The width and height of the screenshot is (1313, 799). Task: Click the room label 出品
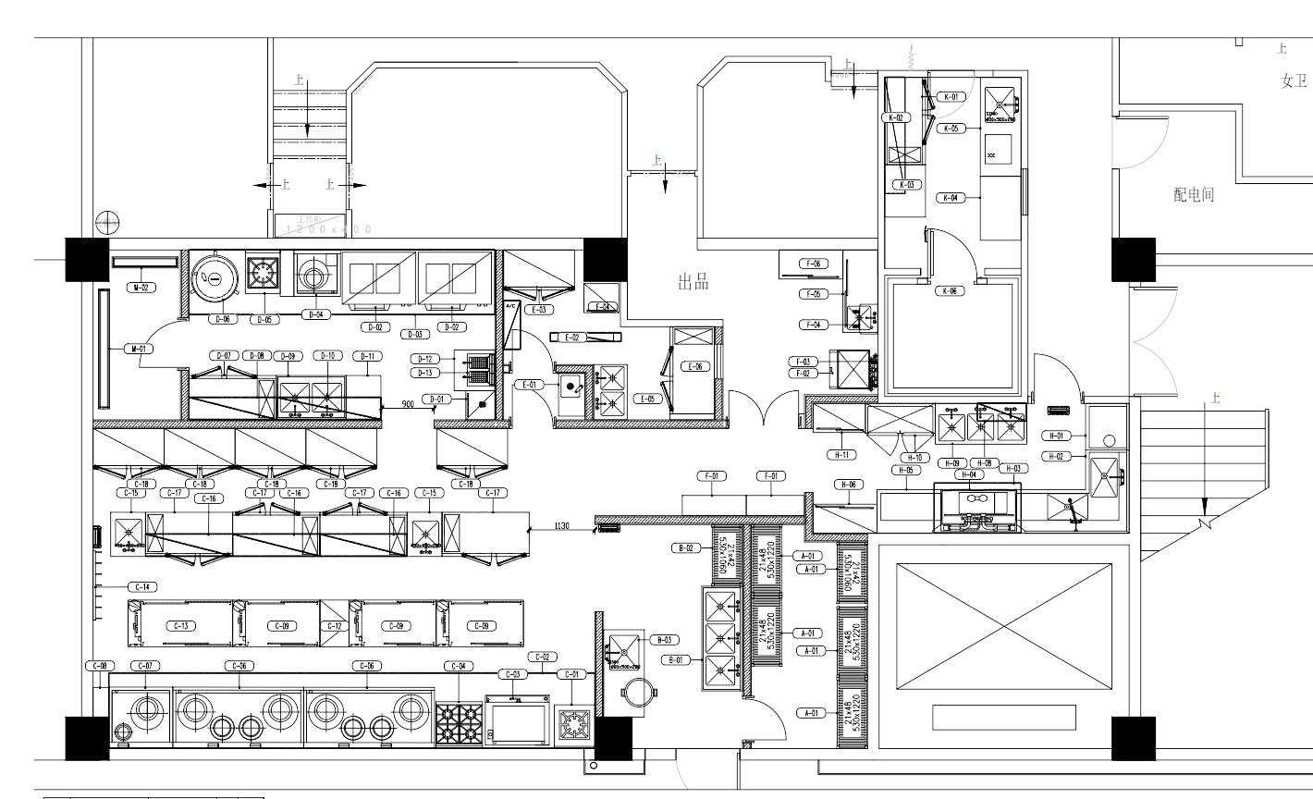click(x=693, y=282)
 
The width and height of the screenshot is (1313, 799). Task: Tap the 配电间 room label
click(x=1193, y=195)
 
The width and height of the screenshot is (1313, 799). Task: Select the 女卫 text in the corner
click(x=1294, y=81)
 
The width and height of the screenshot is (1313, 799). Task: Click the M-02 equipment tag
click(x=141, y=288)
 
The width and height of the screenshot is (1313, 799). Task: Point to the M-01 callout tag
click(x=139, y=349)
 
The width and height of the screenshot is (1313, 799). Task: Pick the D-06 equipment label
click(x=224, y=318)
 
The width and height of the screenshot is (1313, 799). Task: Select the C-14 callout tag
click(x=142, y=586)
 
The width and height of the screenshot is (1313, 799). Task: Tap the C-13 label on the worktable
click(x=181, y=626)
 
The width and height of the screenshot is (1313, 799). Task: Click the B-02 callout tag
click(x=686, y=548)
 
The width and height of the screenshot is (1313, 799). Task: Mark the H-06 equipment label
click(x=848, y=485)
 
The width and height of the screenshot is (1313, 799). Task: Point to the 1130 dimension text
click(x=561, y=526)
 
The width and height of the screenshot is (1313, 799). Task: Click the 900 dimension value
click(x=407, y=404)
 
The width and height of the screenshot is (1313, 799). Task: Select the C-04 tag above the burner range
click(x=459, y=666)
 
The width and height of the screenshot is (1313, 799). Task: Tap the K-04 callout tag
click(x=951, y=198)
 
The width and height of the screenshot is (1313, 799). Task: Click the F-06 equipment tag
click(x=814, y=264)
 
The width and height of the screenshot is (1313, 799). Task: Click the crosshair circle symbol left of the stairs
click(x=107, y=222)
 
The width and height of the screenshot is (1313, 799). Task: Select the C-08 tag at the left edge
click(x=100, y=666)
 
